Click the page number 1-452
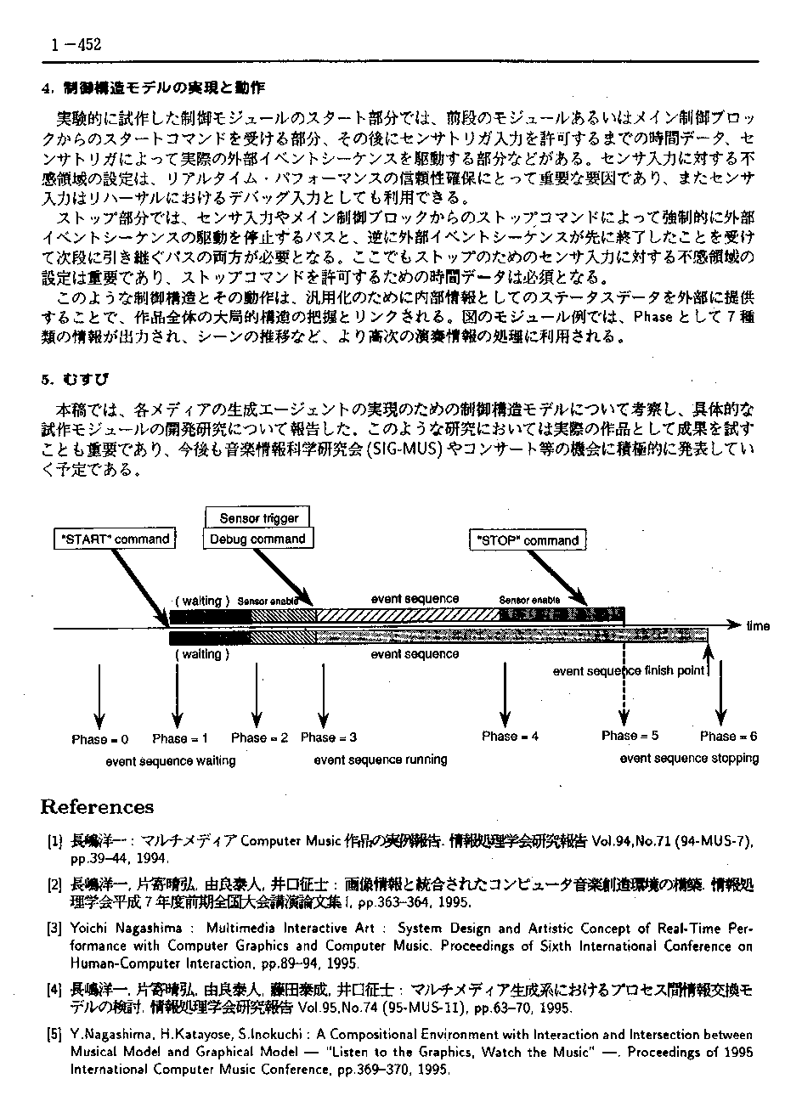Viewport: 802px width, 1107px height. [76, 46]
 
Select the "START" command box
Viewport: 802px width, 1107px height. [116, 539]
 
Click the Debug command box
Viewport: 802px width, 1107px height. [257, 539]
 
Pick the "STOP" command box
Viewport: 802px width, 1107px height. [528, 540]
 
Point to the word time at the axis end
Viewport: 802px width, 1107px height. [758, 626]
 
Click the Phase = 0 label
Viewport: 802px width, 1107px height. [99, 739]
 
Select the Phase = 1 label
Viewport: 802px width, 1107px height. [180, 738]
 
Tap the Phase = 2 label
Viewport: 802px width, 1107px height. [259, 737]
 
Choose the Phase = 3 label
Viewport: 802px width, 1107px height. [329, 737]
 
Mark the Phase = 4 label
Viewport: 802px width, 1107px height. [510, 736]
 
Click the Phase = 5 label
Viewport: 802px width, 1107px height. [630, 735]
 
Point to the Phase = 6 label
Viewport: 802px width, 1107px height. [728, 736]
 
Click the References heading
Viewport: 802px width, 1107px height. [98, 807]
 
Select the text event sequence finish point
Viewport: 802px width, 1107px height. [629, 671]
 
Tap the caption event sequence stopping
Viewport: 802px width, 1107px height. [689, 758]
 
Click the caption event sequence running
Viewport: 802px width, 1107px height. [380, 760]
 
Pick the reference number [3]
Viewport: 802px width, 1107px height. [54, 929]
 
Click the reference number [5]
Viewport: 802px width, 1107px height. [54, 1036]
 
